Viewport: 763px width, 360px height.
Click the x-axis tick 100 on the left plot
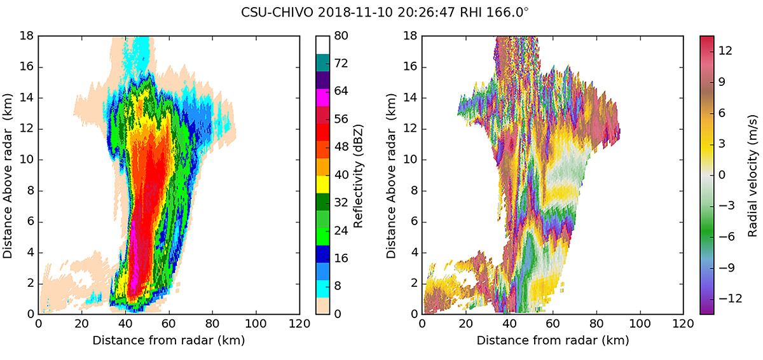[x=256, y=324]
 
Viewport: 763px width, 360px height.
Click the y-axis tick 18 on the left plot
[x=27, y=36]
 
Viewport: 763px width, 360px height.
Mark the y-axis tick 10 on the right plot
[x=411, y=159]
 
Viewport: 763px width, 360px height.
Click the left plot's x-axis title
[x=168, y=341]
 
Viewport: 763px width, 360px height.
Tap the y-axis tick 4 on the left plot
[x=29, y=252]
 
